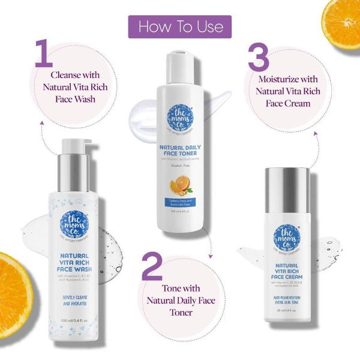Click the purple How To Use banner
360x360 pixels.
point(179,27)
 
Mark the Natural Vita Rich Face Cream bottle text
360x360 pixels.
point(287,274)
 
